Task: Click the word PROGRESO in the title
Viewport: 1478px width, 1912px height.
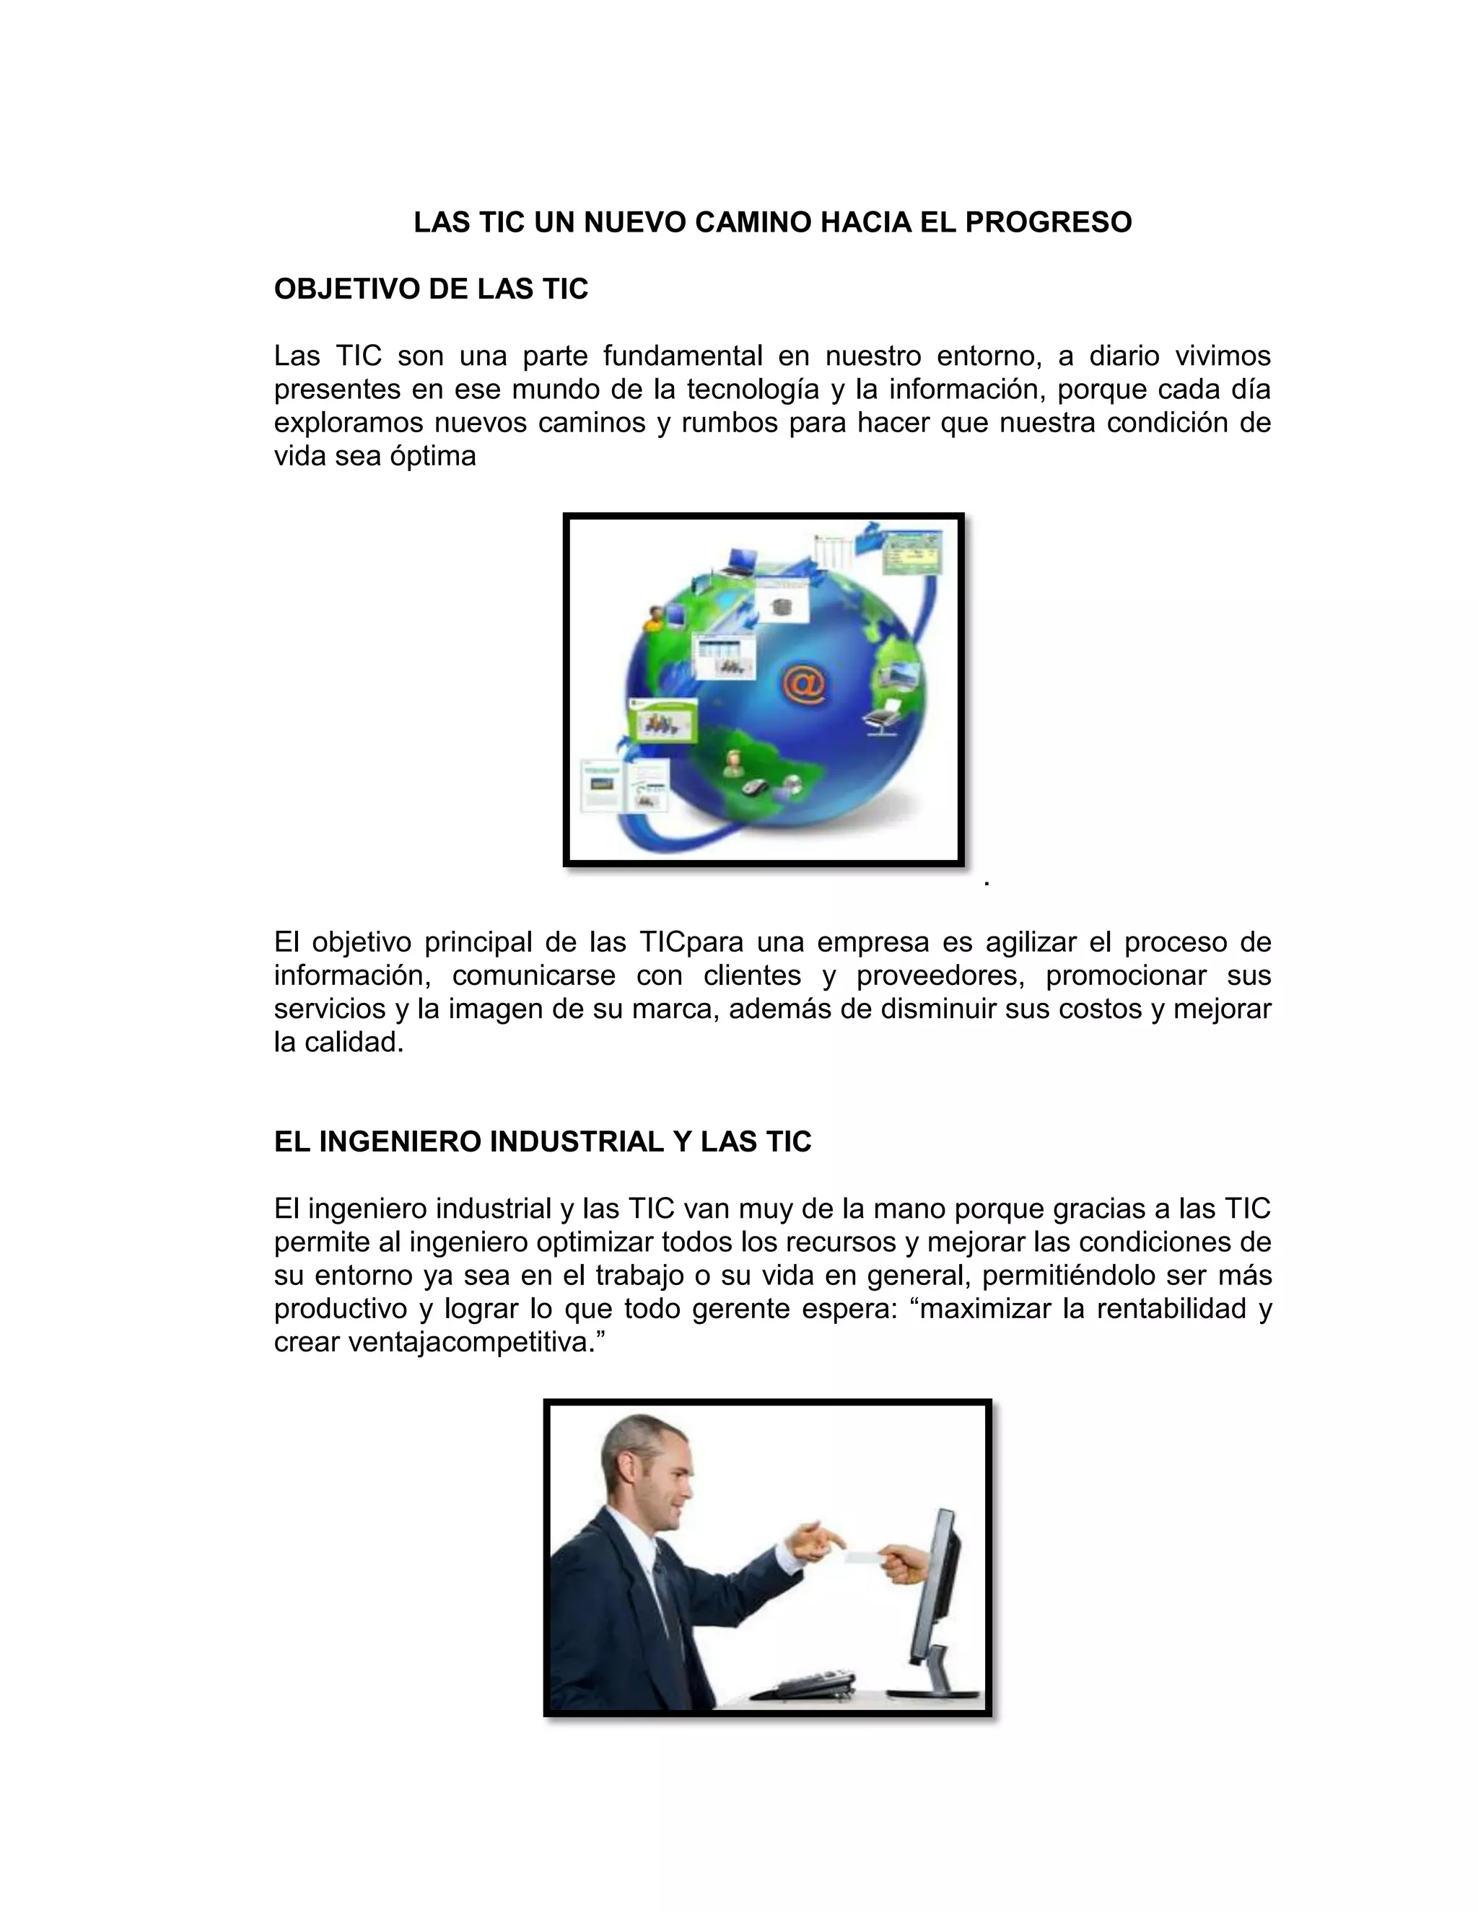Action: (1048, 222)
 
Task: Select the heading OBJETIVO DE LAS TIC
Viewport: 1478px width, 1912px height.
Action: (431, 289)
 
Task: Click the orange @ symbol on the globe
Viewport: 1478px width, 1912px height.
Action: (804, 686)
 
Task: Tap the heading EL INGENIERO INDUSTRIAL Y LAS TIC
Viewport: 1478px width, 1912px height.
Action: (543, 1141)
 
